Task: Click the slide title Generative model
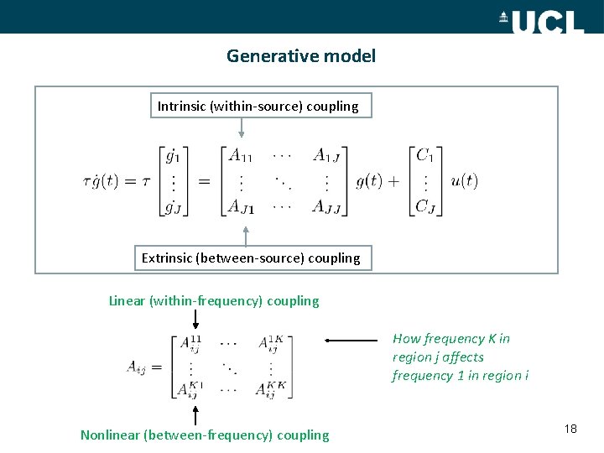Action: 301,56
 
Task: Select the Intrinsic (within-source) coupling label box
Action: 258,106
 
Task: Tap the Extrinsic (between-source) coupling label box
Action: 251,258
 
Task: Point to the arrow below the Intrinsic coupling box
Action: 242,127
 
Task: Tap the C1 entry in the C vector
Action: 424,154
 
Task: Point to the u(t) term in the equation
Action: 464,180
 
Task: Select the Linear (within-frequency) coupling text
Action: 214,300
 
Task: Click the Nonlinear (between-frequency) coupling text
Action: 205,435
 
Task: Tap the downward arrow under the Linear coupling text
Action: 195,320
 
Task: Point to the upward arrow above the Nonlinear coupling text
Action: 195,414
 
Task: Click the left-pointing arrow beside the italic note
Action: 352,341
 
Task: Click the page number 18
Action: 570,429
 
